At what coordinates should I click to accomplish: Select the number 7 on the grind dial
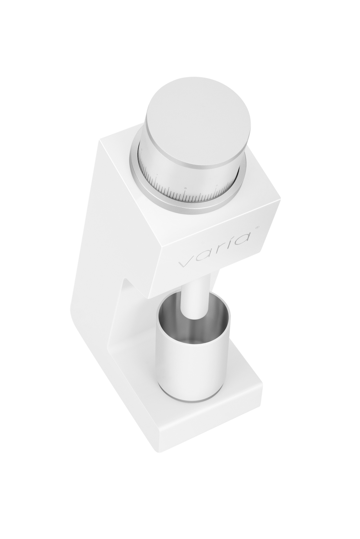(x=216, y=185)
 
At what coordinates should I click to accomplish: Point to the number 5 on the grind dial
(x=157, y=176)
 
